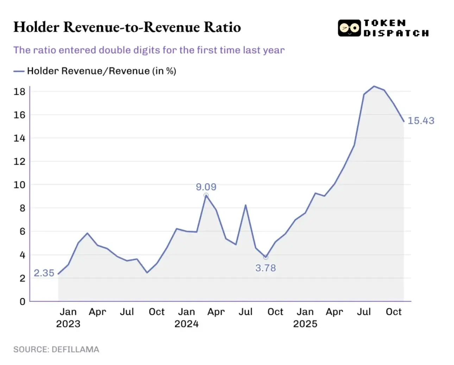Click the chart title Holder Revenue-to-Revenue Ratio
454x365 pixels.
tap(127, 27)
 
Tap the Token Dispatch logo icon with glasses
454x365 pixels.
tap(349, 28)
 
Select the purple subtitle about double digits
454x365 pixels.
tap(149, 50)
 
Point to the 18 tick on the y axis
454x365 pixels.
tap(19, 92)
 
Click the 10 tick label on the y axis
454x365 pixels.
tap(19, 185)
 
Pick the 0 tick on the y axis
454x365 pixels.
tap(22, 302)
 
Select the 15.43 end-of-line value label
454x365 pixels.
tap(421, 121)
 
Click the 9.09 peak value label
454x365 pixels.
tap(206, 187)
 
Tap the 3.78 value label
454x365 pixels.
tap(265, 268)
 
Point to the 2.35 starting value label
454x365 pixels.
tap(44, 273)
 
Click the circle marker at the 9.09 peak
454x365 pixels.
tap(206, 195)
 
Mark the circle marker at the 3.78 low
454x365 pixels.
tap(266, 257)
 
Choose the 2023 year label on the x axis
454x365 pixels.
tap(68, 324)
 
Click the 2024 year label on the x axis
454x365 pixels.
tap(187, 324)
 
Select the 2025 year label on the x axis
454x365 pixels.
tap(305, 324)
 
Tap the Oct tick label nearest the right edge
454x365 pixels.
tap(393, 312)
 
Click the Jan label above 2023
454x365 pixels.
tap(68, 312)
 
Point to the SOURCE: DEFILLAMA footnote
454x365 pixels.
tap(56, 350)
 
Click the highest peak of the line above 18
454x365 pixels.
tap(374, 86)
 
